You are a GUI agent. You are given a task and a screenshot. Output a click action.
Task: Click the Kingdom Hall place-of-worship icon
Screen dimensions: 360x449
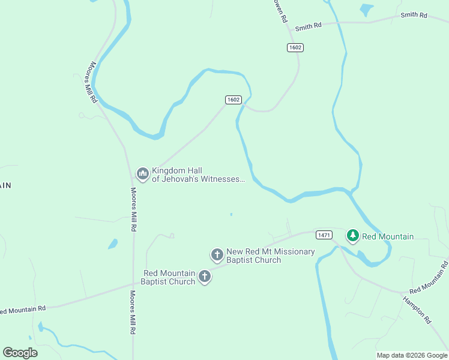[x=142, y=174]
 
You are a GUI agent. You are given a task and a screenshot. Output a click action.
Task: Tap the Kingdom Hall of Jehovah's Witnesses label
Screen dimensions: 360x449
[x=198, y=175]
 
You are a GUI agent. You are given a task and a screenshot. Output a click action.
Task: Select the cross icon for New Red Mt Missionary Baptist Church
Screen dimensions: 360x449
[x=217, y=255]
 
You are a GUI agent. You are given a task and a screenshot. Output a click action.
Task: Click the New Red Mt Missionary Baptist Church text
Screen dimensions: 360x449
[x=270, y=256]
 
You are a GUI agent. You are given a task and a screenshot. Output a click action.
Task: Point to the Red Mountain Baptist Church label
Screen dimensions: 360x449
[x=168, y=277]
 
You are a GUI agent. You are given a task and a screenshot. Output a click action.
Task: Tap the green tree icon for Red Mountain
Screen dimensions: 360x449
[x=354, y=236]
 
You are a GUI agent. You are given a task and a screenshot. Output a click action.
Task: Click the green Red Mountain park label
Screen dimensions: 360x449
[x=387, y=236]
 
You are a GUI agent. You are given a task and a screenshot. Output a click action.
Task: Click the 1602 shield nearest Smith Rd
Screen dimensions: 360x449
[x=295, y=47]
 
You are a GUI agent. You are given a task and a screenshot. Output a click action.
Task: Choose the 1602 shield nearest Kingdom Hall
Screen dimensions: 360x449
[x=234, y=100]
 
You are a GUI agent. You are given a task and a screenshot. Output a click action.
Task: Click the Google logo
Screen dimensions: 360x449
[x=20, y=352]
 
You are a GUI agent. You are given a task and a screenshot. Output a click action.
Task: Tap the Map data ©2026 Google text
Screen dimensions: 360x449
[x=412, y=355]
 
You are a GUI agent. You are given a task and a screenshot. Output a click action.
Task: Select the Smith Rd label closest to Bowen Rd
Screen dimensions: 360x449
[x=309, y=26]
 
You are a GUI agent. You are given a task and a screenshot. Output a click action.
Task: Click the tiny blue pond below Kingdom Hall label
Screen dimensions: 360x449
[x=231, y=214]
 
